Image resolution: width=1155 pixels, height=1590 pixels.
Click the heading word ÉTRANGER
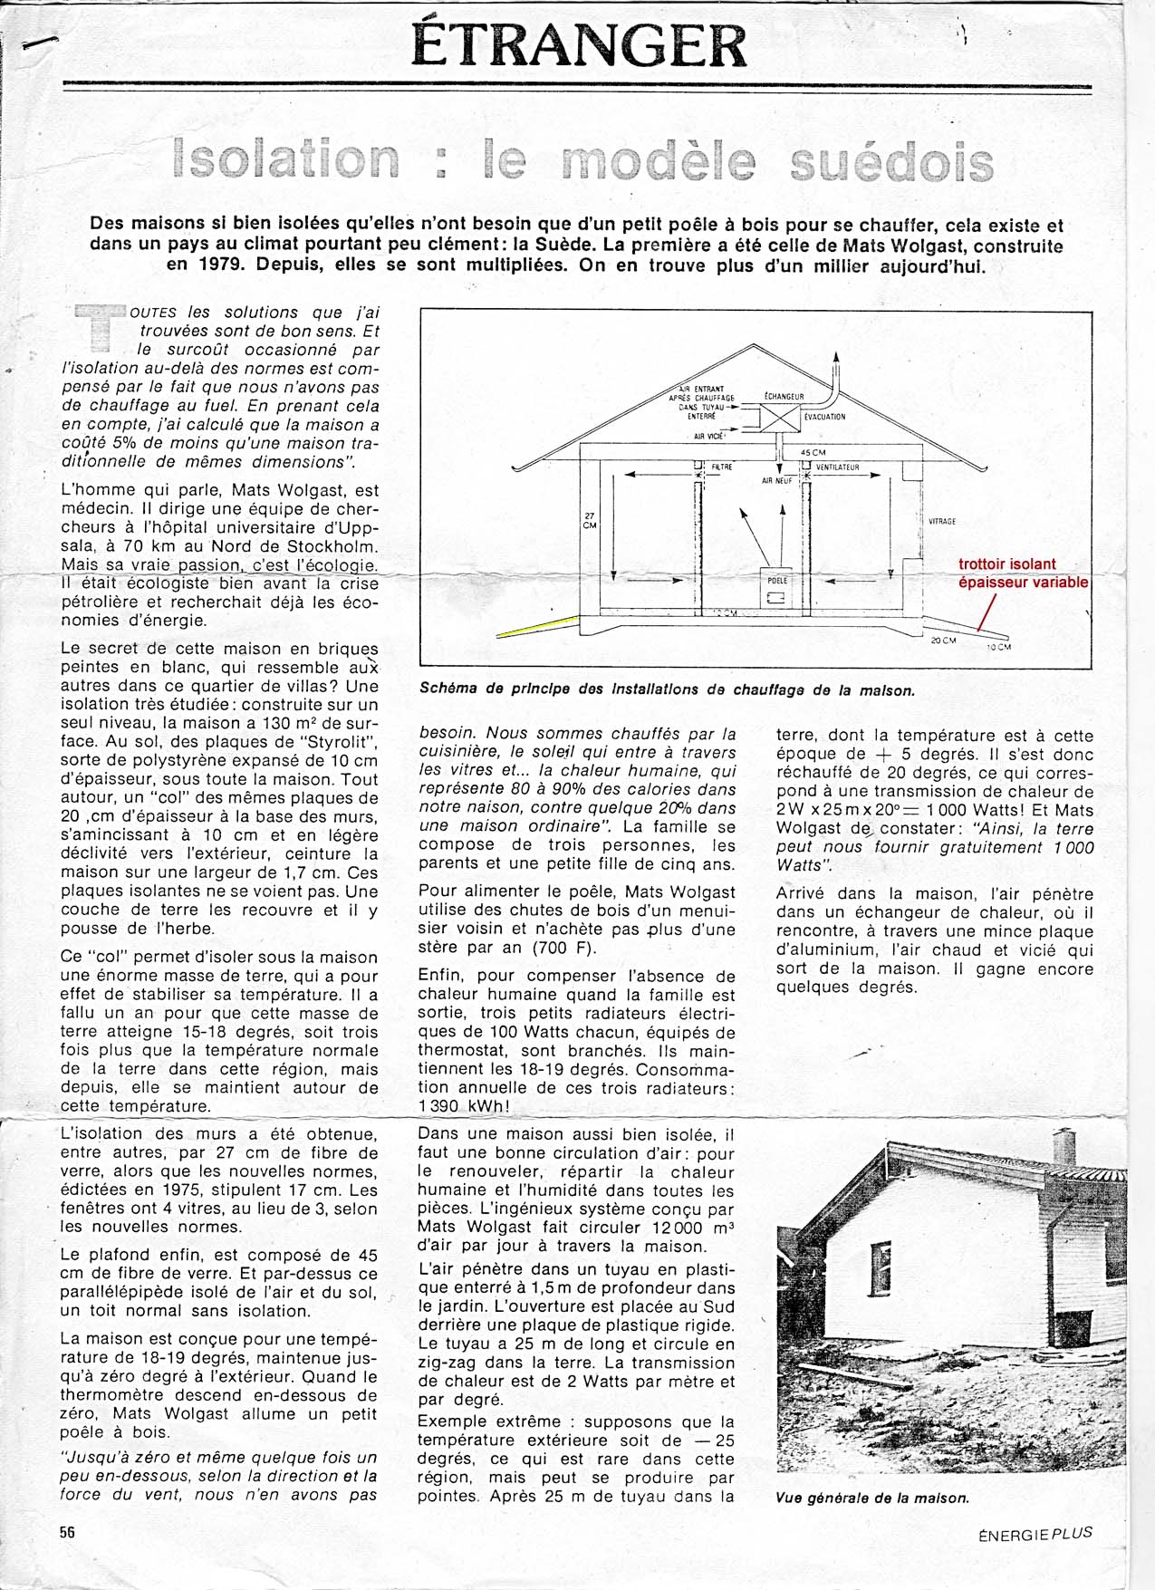579,45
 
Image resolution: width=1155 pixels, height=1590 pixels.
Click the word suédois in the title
891,163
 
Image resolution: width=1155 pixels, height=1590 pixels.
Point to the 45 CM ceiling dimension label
813,452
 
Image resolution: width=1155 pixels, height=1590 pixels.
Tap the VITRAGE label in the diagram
942,522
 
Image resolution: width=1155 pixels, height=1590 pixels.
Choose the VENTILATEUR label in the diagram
837,467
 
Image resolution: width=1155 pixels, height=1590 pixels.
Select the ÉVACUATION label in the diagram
825,417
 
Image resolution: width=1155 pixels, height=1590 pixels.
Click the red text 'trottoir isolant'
1007,564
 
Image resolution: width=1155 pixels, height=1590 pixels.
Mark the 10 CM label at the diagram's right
998,647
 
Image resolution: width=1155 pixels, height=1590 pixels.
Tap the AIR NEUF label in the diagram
776,481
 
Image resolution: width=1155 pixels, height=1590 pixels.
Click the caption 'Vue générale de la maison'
872,1498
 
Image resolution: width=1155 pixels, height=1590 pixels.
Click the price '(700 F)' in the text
567,948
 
